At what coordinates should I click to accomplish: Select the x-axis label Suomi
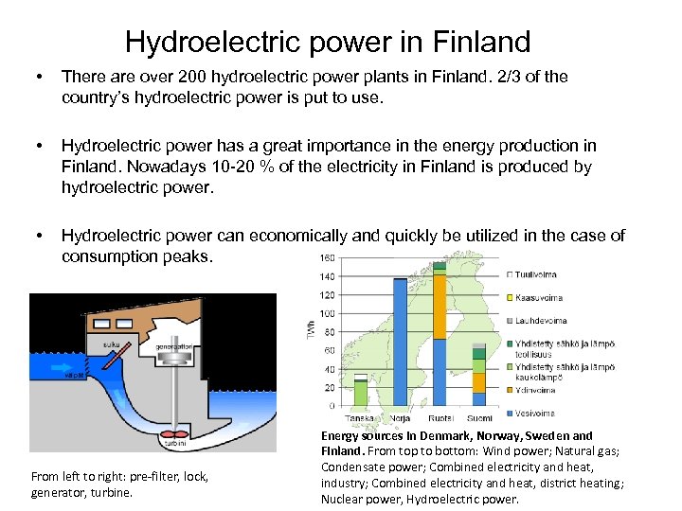pos(478,418)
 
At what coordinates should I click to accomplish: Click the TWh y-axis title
pos(309,330)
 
